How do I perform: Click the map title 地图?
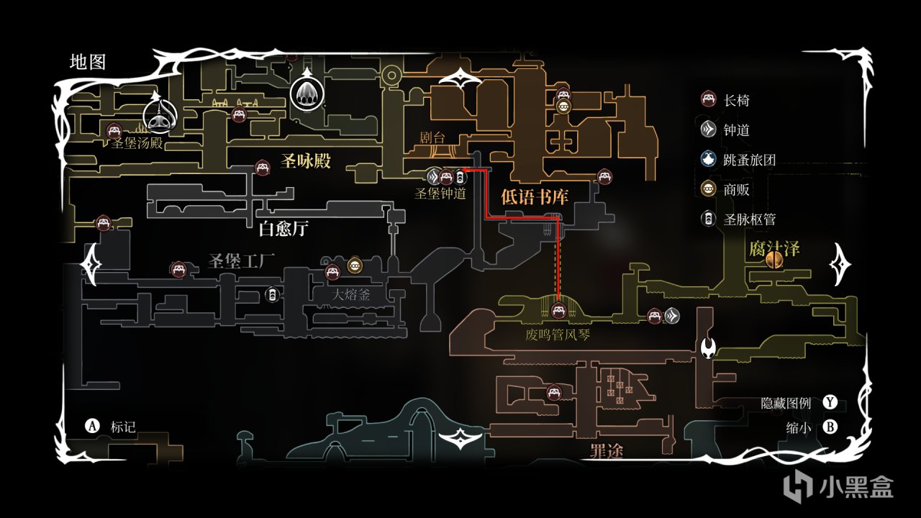click(x=88, y=62)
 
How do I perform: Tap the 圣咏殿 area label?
click(x=306, y=162)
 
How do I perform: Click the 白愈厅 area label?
click(x=283, y=230)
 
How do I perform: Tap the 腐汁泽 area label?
click(x=773, y=249)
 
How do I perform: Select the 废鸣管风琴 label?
click(x=558, y=335)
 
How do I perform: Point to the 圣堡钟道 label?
click(x=440, y=194)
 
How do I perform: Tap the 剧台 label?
click(x=435, y=136)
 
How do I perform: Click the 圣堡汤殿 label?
click(x=137, y=143)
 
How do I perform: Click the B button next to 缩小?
click(x=830, y=427)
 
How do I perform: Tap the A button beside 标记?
click(x=92, y=426)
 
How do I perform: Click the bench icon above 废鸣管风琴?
click(x=558, y=311)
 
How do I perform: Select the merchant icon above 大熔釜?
click(x=355, y=265)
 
